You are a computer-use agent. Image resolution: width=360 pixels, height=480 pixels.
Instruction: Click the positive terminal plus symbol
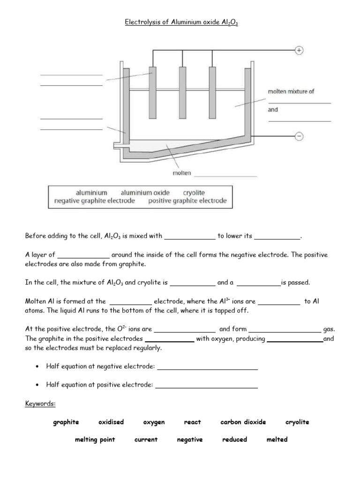click(x=299, y=51)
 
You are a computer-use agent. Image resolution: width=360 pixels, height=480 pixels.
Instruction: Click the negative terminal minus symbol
click(x=299, y=136)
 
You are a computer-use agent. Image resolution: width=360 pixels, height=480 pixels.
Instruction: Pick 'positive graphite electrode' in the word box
click(x=187, y=201)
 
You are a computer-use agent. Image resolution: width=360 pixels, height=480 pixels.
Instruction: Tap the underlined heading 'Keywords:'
click(x=40, y=404)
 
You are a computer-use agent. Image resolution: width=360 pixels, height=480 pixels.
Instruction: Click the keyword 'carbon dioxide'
click(x=243, y=422)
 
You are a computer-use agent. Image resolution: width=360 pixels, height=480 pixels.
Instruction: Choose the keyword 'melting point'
click(x=95, y=440)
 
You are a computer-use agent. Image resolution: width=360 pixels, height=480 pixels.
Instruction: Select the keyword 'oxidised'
click(x=111, y=422)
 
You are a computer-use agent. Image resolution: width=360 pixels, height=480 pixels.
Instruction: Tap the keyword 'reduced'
click(x=234, y=440)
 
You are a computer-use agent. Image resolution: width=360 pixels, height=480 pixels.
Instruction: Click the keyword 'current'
click(x=146, y=440)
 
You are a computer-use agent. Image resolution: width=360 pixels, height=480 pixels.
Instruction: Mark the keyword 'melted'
click(x=277, y=440)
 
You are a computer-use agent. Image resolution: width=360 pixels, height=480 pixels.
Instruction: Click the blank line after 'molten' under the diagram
click(x=225, y=175)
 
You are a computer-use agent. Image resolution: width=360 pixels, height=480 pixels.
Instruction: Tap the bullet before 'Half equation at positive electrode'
click(x=37, y=385)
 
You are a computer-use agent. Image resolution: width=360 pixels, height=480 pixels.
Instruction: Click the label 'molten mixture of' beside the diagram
click(x=291, y=91)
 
